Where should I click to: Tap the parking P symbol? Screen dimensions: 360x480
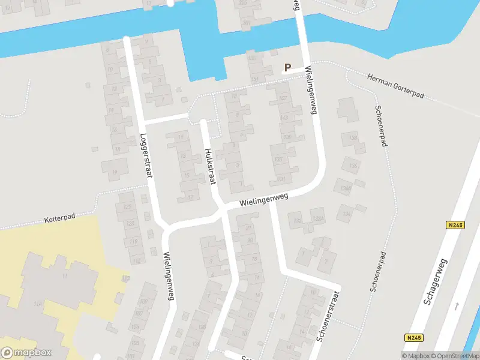287,68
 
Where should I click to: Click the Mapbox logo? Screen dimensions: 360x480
26,353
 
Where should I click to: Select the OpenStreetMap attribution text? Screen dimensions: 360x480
454,356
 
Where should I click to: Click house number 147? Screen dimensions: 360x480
283,98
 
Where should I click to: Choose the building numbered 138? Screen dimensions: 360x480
353,139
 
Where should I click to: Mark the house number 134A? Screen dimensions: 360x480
344,188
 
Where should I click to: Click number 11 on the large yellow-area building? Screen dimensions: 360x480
64,276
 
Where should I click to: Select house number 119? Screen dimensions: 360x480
134,242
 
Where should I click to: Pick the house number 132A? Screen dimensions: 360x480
318,218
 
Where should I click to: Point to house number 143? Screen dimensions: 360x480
284,118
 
